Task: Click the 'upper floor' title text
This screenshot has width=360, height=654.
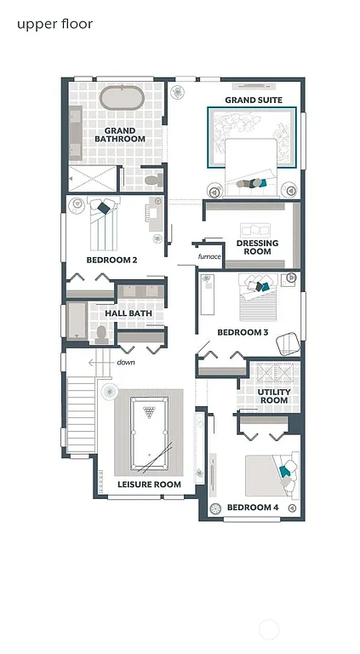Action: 54,24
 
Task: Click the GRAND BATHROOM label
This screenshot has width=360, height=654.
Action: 119,135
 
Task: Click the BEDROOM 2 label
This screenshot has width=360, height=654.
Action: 111,260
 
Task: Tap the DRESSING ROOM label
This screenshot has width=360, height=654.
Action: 257,248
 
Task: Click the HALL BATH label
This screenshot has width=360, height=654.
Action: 128,313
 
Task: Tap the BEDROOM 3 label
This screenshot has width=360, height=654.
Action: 243,332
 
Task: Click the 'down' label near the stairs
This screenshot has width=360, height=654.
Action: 126,362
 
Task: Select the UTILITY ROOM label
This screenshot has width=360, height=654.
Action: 274,395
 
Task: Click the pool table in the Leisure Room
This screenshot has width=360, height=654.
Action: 149,434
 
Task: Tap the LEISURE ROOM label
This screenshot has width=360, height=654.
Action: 149,485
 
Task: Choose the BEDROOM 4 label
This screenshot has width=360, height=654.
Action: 253,508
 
